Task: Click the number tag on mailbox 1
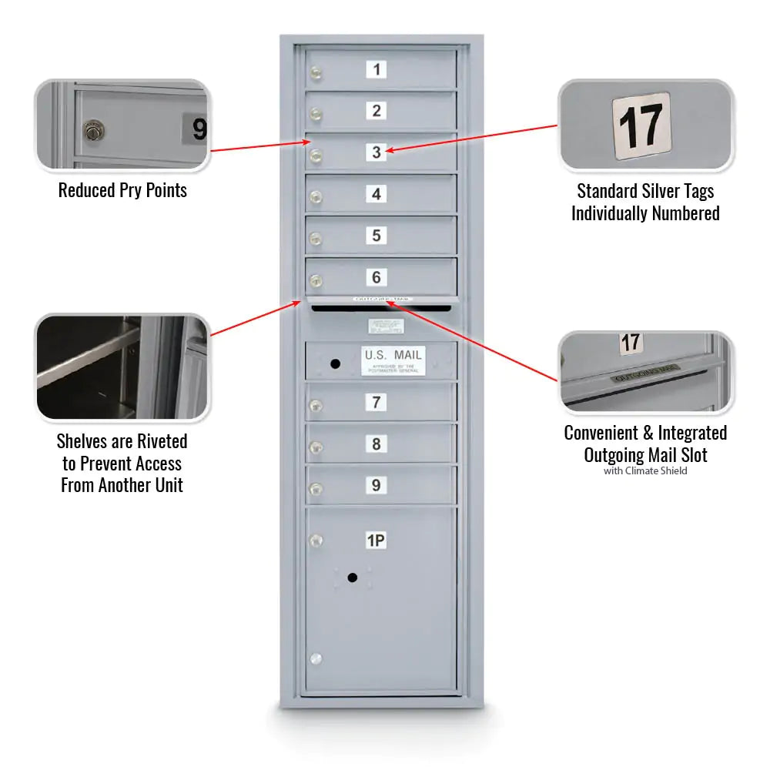(377, 69)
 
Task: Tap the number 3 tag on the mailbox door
(377, 152)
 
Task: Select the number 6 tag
(377, 277)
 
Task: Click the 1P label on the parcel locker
(376, 541)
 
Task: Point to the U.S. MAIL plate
(393, 360)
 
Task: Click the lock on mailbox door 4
(315, 198)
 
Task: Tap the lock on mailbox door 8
(315, 447)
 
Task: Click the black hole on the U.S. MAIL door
(335, 363)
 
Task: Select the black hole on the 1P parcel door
(353, 577)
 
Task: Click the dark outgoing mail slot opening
(381, 307)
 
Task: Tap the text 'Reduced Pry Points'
(122, 190)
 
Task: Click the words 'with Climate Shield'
(645, 470)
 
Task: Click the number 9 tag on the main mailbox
(377, 485)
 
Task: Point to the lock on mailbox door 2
(315, 115)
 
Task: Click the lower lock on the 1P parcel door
(315, 658)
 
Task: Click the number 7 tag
(377, 402)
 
